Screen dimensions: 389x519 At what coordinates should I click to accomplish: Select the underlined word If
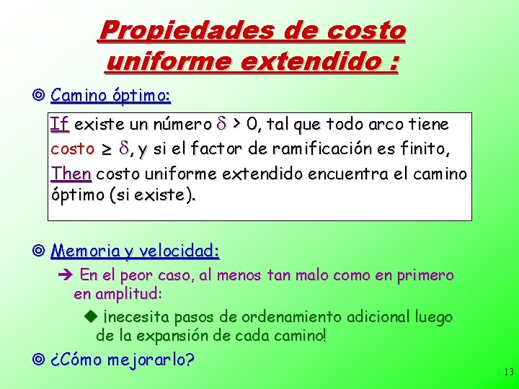(60, 125)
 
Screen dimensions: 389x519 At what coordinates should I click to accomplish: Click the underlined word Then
(71, 174)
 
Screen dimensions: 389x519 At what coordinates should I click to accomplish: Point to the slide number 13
(508, 372)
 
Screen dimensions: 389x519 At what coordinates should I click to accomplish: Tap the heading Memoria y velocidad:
(136, 251)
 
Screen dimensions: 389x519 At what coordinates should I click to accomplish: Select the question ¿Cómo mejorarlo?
(123, 359)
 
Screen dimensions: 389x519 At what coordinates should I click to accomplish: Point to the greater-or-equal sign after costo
(105, 150)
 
